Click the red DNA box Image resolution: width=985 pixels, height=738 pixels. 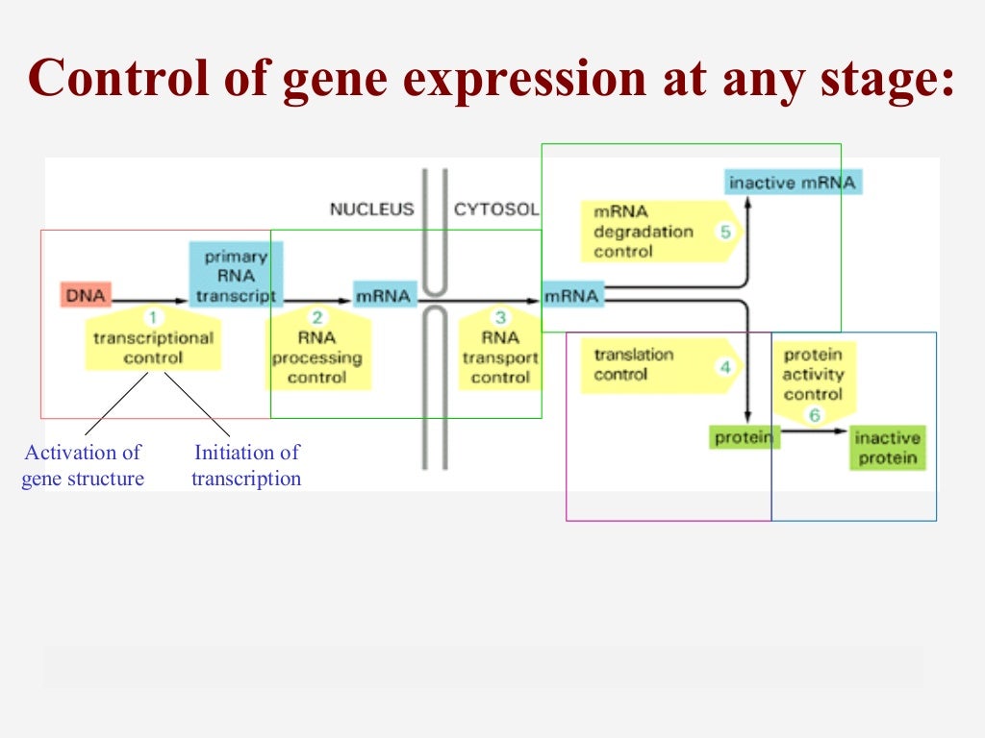click(x=86, y=295)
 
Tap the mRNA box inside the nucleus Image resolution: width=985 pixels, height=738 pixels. click(x=384, y=295)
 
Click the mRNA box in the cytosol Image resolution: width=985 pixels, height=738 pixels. click(x=572, y=295)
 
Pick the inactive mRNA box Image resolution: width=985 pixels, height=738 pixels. click(x=792, y=183)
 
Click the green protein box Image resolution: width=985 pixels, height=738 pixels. click(x=744, y=437)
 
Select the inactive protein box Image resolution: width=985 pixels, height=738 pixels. click(x=887, y=448)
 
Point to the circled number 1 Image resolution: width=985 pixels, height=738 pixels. click(x=154, y=317)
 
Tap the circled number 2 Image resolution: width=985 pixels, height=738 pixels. click(x=318, y=317)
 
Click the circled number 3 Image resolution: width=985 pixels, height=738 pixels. click(x=500, y=317)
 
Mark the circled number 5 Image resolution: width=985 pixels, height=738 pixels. click(x=725, y=232)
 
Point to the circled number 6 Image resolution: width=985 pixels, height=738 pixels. click(x=815, y=415)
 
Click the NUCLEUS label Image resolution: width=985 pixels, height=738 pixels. click(x=371, y=209)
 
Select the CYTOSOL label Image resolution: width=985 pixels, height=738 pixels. click(x=496, y=209)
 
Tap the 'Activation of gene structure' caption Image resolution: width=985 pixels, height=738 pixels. click(x=83, y=465)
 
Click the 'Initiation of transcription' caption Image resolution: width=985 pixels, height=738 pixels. click(x=246, y=465)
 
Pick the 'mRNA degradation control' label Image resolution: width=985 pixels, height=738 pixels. click(x=643, y=232)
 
